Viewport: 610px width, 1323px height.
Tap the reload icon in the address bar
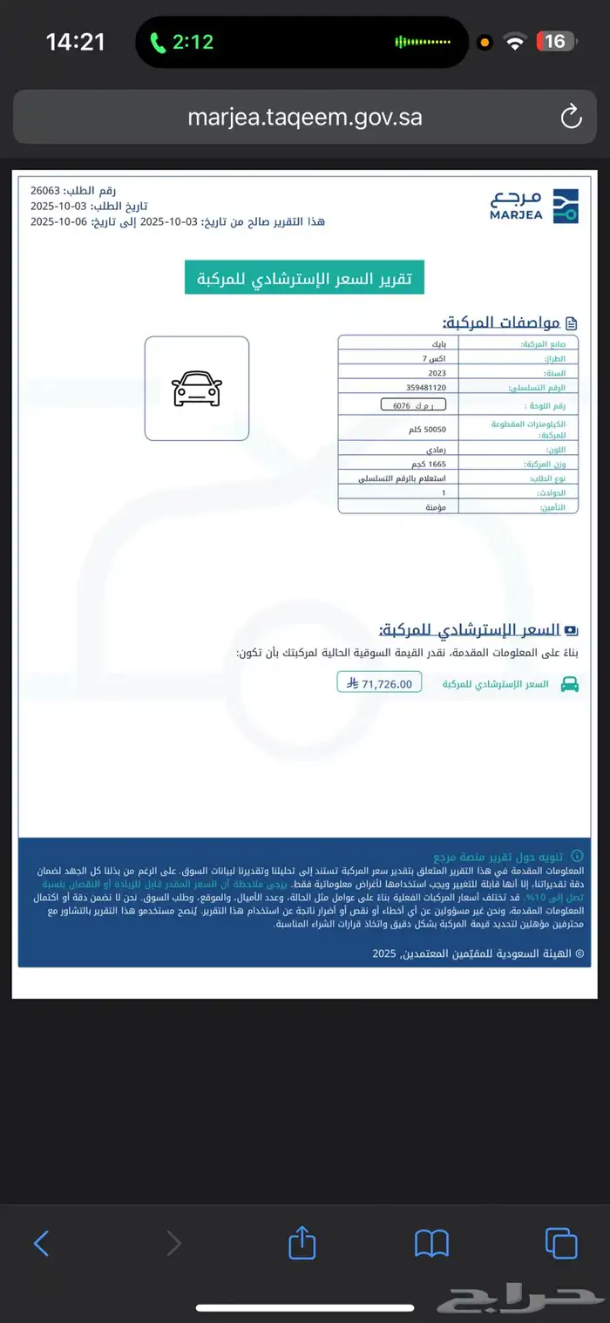tap(570, 116)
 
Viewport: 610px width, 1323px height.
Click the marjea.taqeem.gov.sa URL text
tap(305, 117)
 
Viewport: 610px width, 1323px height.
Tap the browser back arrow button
tap(41, 1242)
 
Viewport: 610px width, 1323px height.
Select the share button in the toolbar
tap(301, 1242)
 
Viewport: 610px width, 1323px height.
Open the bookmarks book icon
tap(431, 1243)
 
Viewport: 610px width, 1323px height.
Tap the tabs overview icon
tap(561, 1242)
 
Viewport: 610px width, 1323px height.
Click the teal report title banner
tap(304, 277)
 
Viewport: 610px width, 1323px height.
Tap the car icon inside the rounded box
tap(197, 389)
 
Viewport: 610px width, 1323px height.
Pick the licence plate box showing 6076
tap(413, 405)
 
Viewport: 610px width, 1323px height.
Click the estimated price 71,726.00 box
tap(379, 682)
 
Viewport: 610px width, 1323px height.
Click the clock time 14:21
tap(75, 41)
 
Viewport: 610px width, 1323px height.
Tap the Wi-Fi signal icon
tap(516, 42)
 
